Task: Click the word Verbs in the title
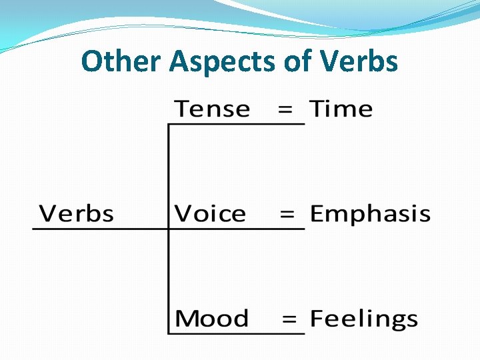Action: [x=359, y=61]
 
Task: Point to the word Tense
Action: [x=212, y=109]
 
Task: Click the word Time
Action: [x=341, y=109]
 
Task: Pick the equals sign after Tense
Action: [x=285, y=110]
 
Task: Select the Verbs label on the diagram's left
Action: [x=77, y=214]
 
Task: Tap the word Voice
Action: [x=210, y=214]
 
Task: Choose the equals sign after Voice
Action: [x=287, y=215]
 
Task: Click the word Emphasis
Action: [x=370, y=215]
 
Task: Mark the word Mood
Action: [x=211, y=319]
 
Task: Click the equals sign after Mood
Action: [x=289, y=319]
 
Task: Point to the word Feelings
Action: [x=364, y=320]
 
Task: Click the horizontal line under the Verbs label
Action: [x=100, y=229]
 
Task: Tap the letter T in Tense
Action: [x=181, y=109]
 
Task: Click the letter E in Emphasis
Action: [x=317, y=214]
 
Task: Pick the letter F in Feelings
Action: [x=317, y=319]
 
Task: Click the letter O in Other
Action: [x=91, y=62]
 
